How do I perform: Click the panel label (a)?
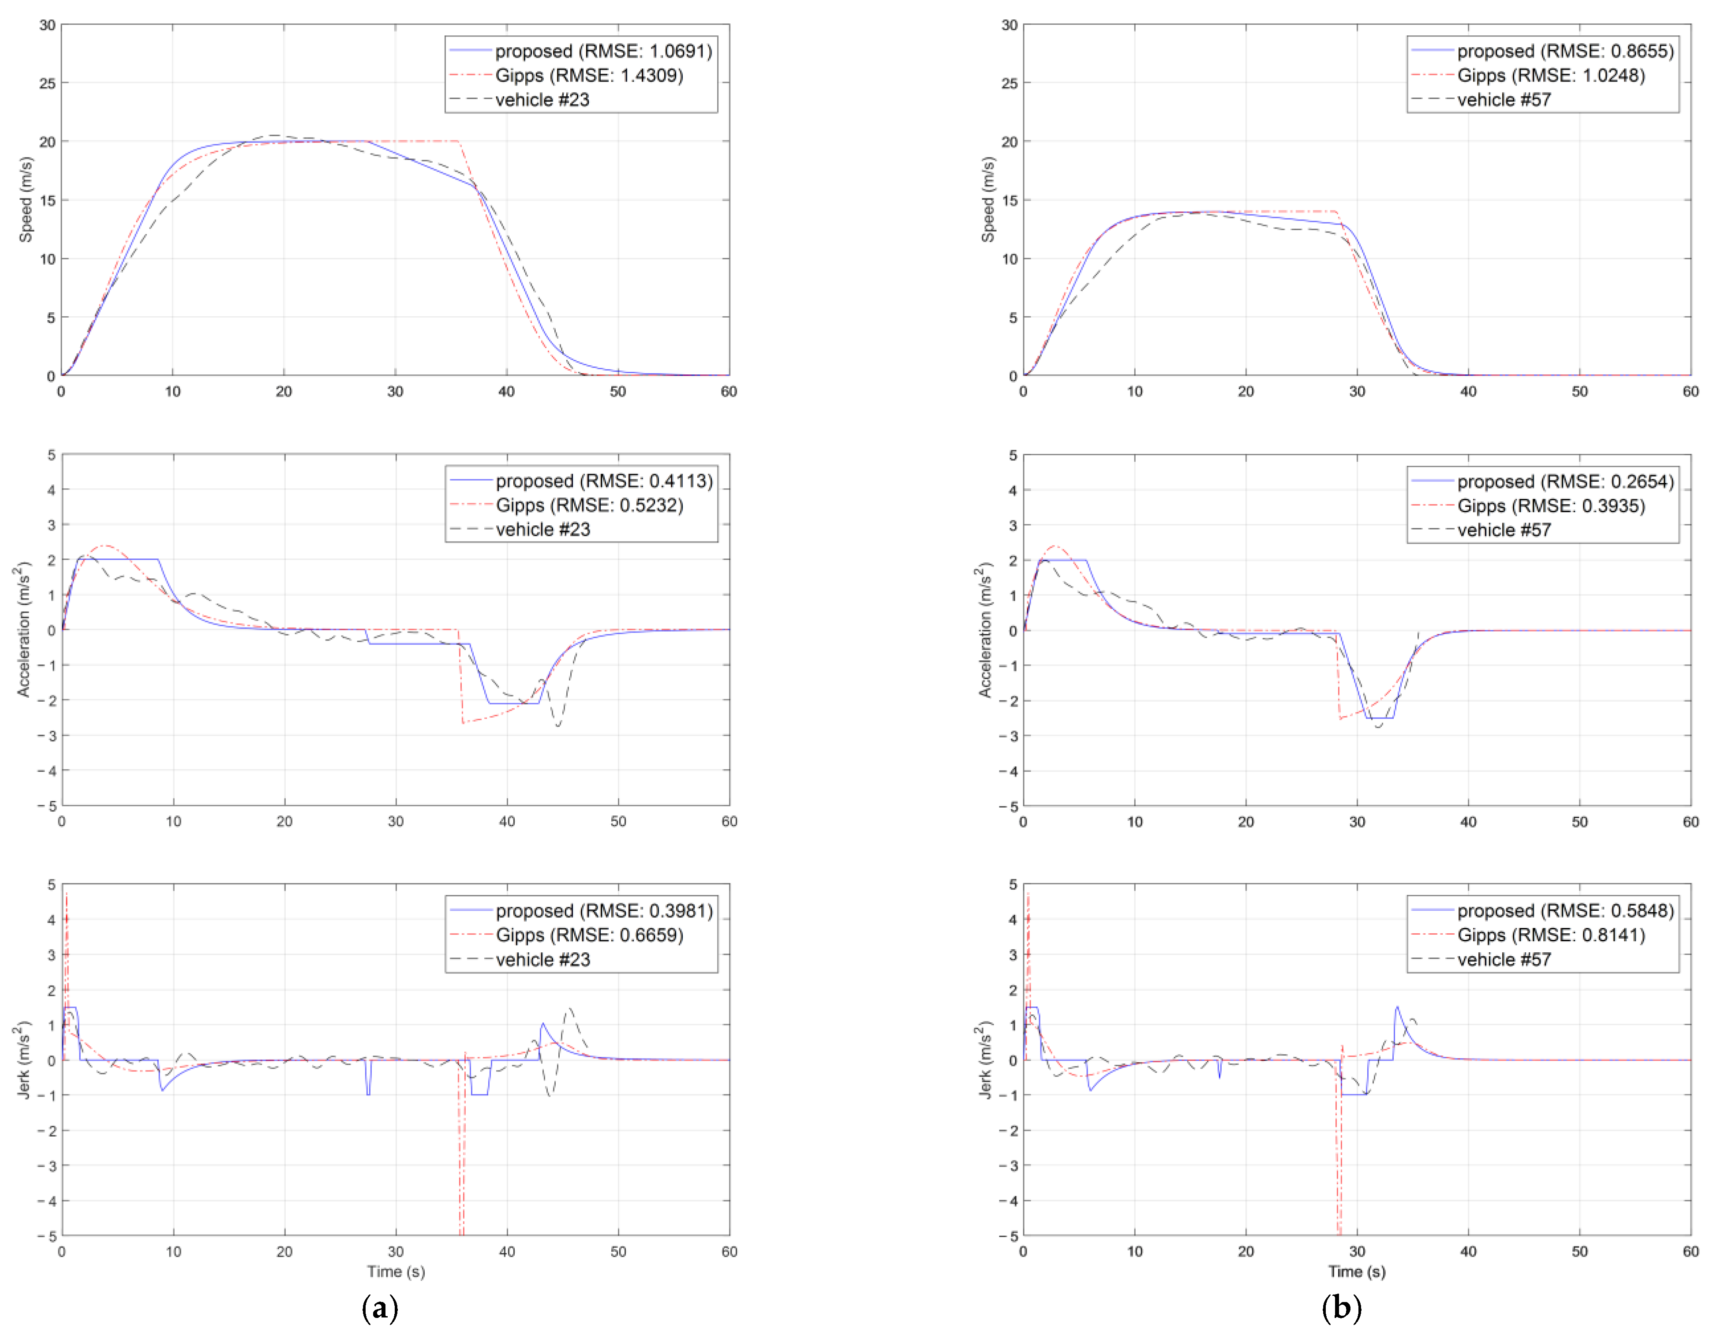pyautogui.click(x=380, y=1308)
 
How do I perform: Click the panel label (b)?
pyautogui.click(x=1341, y=1308)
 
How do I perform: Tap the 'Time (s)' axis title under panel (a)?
pyautogui.click(x=396, y=1272)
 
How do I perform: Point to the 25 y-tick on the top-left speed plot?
pyautogui.click(x=47, y=82)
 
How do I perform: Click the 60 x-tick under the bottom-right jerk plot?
pyautogui.click(x=1690, y=1251)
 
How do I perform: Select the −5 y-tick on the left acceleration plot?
pyautogui.click(x=45, y=806)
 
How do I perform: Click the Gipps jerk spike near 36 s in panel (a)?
pyautogui.click(x=461, y=1164)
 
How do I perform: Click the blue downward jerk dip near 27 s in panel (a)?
pyautogui.click(x=368, y=1085)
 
